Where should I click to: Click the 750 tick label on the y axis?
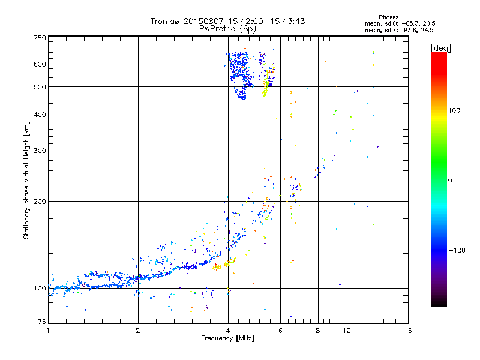pyautogui.click(x=40, y=38)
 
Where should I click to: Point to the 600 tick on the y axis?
pyautogui.click(x=40, y=64)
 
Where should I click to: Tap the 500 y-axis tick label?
pyautogui.click(x=40, y=87)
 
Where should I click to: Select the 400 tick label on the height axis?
pyautogui.click(x=40, y=115)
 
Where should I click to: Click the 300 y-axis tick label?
pyautogui.click(x=40, y=151)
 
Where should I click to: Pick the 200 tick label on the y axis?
pyautogui.click(x=40, y=202)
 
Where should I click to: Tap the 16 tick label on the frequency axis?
pyautogui.click(x=408, y=331)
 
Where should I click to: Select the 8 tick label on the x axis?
pyautogui.click(x=318, y=331)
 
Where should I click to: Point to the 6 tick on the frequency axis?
pyautogui.click(x=280, y=331)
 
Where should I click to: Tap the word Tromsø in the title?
pyautogui.click(x=165, y=21)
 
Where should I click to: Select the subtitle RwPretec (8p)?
pyautogui.click(x=228, y=28)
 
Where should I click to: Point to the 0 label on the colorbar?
pyautogui.click(x=452, y=180)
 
